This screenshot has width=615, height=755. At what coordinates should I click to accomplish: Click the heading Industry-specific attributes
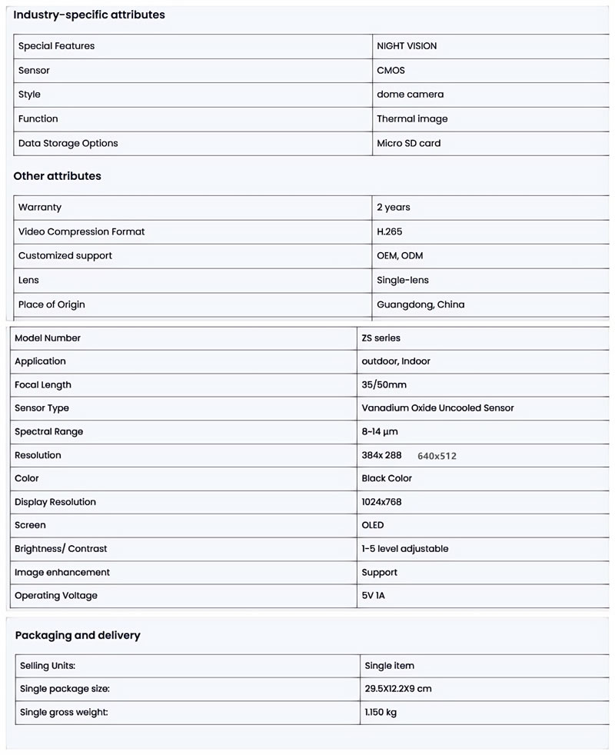(x=89, y=15)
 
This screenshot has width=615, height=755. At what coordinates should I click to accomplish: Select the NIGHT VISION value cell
(x=407, y=46)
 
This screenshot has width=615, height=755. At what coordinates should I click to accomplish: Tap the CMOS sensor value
(x=391, y=71)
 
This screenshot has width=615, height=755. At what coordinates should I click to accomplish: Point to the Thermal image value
(x=412, y=119)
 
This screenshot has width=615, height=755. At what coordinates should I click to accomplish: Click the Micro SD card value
(x=409, y=144)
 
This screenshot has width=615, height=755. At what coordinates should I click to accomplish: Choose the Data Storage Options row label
(x=68, y=144)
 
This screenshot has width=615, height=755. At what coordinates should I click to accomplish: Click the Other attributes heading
(x=58, y=176)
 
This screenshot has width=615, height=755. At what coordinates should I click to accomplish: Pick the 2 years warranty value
(x=394, y=208)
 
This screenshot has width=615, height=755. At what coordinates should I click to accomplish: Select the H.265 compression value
(x=390, y=232)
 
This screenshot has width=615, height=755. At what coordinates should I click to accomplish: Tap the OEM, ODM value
(x=400, y=256)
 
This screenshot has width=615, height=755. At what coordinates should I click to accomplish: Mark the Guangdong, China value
(x=421, y=305)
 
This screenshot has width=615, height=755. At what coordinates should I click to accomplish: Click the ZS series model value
(x=381, y=338)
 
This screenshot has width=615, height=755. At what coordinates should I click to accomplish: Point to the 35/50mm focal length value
(x=384, y=385)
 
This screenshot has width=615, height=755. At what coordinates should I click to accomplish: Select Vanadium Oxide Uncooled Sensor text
(x=437, y=408)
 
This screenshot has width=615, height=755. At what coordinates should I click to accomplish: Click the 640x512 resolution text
(x=437, y=456)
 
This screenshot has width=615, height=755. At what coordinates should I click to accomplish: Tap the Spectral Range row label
(x=49, y=432)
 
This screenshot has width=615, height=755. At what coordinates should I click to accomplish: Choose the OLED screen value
(x=373, y=526)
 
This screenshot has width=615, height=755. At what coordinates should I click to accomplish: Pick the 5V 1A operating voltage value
(x=374, y=596)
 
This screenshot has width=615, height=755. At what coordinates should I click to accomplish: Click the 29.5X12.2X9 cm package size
(x=398, y=689)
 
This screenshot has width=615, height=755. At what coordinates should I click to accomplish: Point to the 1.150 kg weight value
(x=381, y=713)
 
